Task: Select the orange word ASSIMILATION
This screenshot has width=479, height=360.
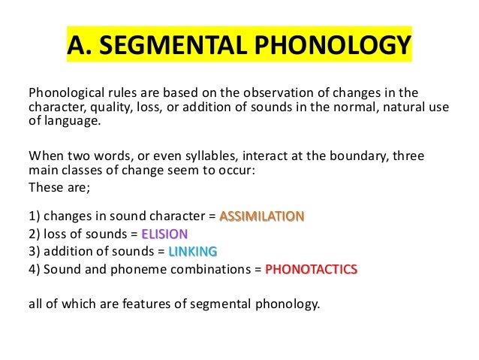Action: tap(261, 217)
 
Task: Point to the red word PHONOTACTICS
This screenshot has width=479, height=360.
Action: tap(312, 268)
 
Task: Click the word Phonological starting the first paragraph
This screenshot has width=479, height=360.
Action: tap(65, 94)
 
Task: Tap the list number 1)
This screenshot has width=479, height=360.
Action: tap(35, 217)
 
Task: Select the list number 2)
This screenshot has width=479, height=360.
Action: tap(35, 234)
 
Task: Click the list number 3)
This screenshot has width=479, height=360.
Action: tap(35, 250)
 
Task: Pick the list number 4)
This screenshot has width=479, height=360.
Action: tap(35, 268)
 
